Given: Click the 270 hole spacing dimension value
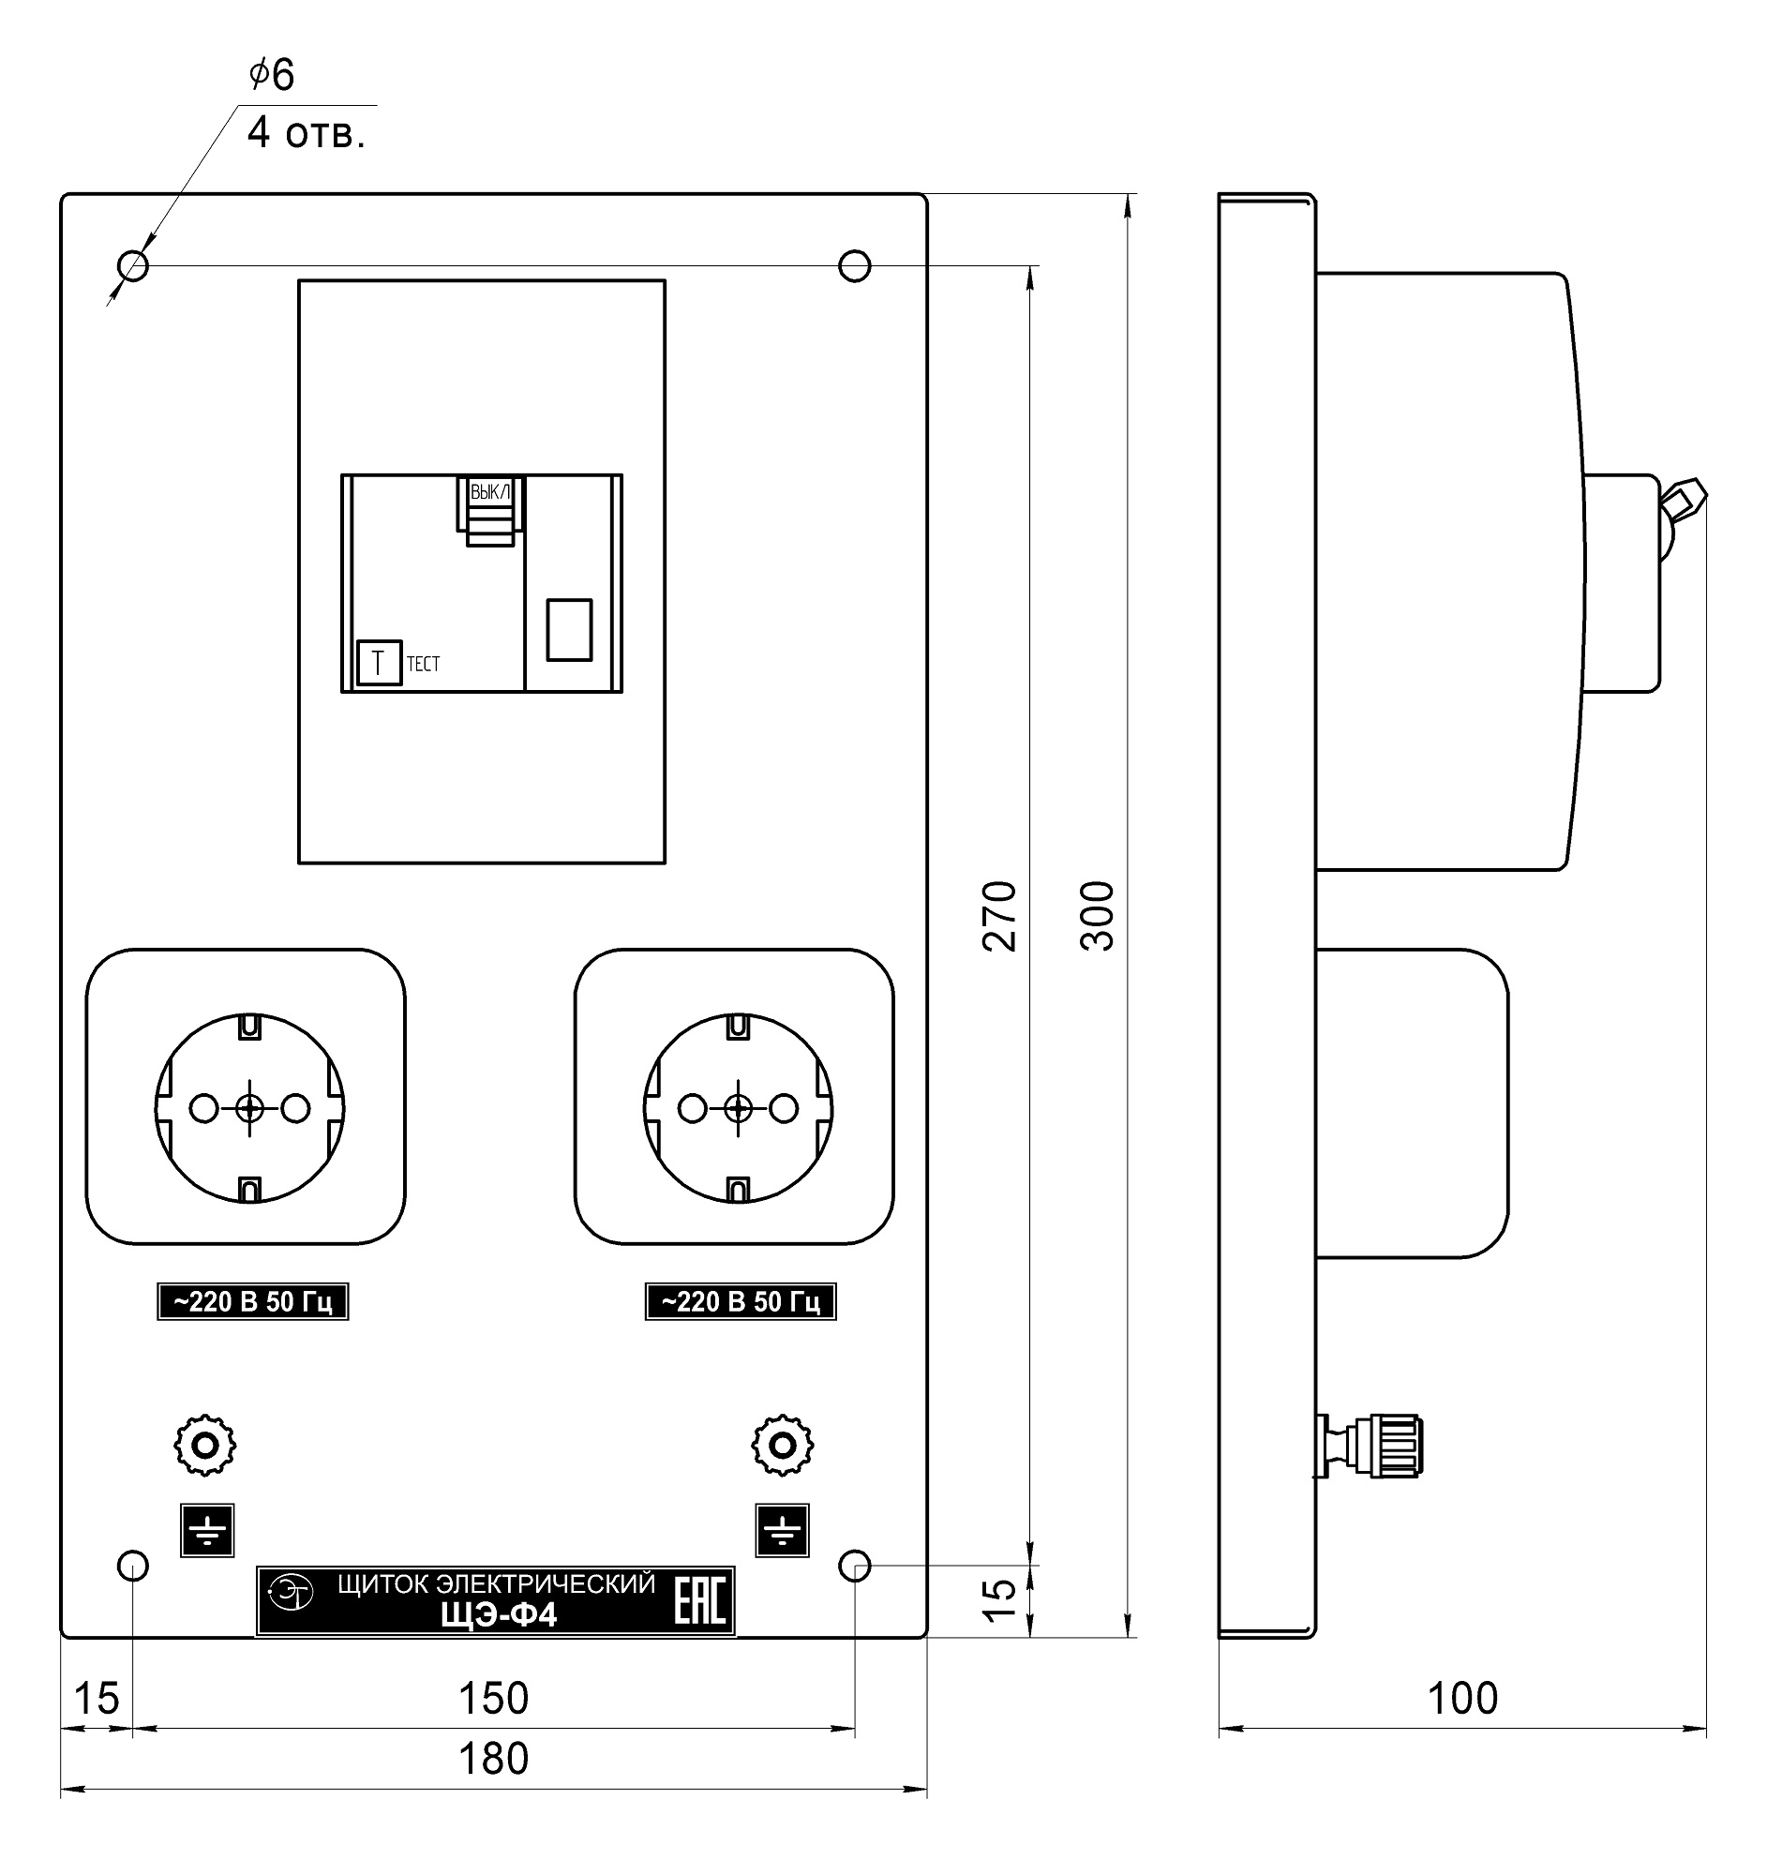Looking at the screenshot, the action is point(1000,916).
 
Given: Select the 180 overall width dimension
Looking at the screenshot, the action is point(493,1759).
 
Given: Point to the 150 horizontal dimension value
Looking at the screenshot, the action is point(493,1698).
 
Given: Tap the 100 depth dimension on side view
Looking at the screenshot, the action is point(1462,1698).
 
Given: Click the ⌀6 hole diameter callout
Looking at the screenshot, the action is point(272,73).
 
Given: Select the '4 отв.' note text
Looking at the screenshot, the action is point(306,134).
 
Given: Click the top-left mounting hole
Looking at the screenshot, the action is point(134,266).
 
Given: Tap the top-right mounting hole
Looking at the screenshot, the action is point(854,266).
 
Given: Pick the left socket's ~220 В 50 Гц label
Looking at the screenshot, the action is point(253,1301).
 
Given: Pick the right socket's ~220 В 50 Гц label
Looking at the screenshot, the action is point(741,1301).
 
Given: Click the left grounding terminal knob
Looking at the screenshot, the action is point(205,1446).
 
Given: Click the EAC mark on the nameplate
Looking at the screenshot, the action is point(700,1600).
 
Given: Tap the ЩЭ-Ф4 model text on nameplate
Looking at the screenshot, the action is point(499,1615).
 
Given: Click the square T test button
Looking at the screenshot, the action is point(379,663).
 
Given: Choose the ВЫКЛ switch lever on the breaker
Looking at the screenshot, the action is point(490,510).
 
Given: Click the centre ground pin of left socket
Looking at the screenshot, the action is point(250,1108).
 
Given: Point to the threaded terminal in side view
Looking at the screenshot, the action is point(1370,1445).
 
